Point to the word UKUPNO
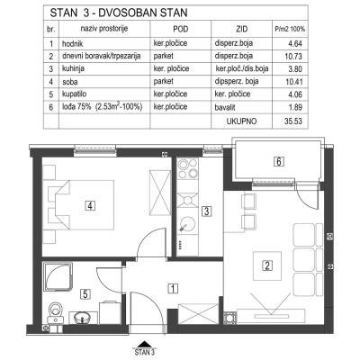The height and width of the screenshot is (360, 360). point(243,118)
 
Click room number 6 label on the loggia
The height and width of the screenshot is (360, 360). point(280,162)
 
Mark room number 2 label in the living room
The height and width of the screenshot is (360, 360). point(267,265)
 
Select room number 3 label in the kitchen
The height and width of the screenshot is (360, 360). point(206,212)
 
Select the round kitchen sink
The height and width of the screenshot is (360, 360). point(187,225)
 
